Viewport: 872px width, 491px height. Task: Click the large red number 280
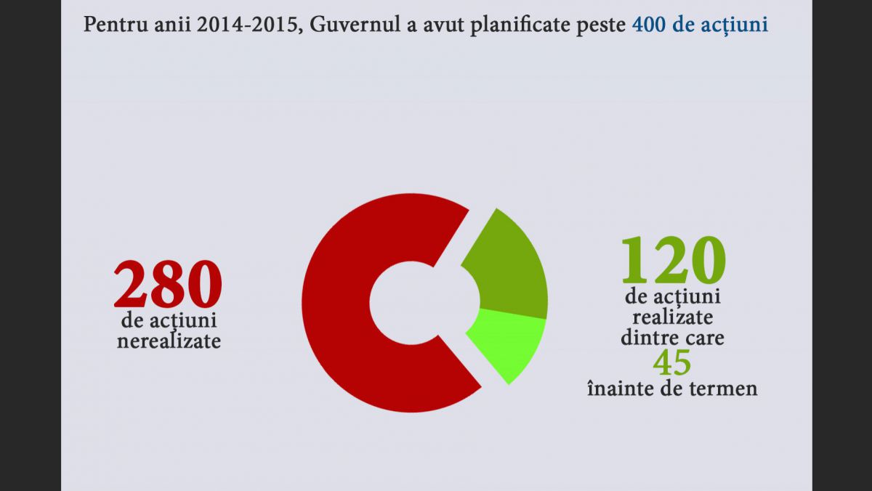[168, 285]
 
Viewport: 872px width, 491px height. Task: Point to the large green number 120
[672, 259]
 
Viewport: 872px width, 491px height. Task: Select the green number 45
[672, 362]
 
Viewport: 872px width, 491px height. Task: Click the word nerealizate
[169, 341]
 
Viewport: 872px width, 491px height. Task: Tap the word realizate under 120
[672, 317]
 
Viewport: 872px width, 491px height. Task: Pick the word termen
[725, 389]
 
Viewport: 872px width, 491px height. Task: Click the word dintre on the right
[646, 338]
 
